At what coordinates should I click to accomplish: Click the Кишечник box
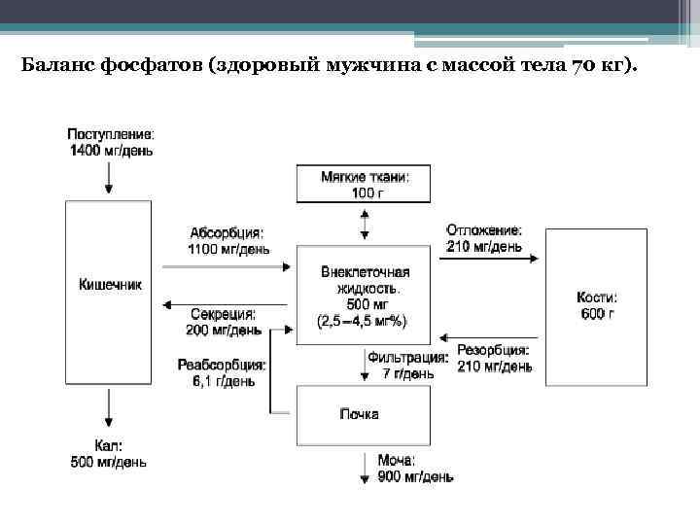pos(108,291)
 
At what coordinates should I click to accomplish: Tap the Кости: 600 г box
pos(597,306)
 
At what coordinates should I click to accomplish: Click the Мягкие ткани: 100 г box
pos(364,184)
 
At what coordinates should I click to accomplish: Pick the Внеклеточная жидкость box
pos(364,295)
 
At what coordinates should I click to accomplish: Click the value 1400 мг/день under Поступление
pos(111,151)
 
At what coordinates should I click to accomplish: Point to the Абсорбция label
pos(227,232)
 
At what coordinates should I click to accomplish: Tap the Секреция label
pos(223,315)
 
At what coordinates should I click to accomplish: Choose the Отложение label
pos(483,231)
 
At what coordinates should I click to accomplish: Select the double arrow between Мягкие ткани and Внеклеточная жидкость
pos(364,225)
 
